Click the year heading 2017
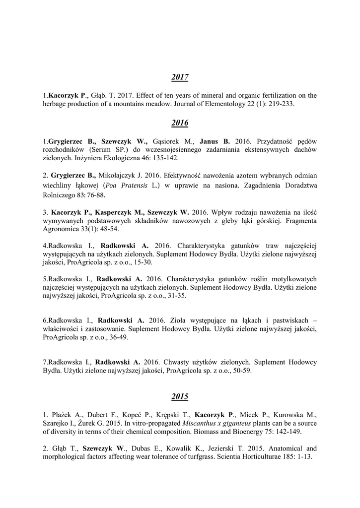[180, 77]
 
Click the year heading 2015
[180, 396]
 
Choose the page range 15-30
[140, 262]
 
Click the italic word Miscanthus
[200, 423]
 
